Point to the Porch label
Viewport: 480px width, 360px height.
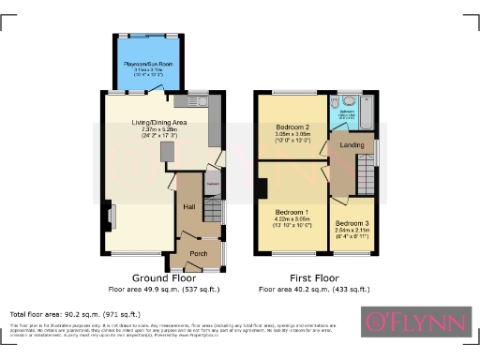pos(198,253)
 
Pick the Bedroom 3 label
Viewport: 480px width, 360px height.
pos(352,225)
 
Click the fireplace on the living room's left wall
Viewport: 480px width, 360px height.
pos(110,217)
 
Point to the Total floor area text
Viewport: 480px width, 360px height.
pos(75,314)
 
